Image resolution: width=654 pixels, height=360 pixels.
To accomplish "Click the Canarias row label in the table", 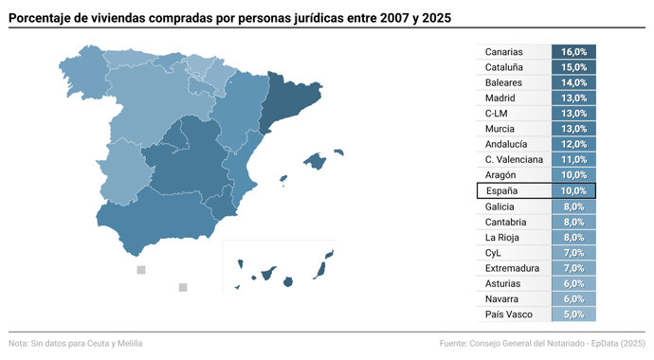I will click(502, 52).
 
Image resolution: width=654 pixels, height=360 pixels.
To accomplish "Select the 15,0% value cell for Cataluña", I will click(573, 67).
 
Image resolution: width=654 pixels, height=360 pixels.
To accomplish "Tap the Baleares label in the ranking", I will click(503, 82).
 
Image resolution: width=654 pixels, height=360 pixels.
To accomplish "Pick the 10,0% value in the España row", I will click(573, 190).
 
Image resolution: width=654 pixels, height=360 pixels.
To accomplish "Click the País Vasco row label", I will click(509, 314).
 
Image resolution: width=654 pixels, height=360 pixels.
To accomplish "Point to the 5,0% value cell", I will click(573, 314).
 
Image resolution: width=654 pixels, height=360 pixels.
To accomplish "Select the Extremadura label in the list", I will click(512, 268).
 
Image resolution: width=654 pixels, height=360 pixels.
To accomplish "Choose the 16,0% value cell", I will click(573, 52).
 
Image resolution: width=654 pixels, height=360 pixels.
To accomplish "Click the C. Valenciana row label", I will click(514, 159).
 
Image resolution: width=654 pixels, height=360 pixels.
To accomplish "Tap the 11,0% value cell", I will click(573, 159).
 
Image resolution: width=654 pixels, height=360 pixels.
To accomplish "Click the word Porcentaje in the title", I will click(46, 17).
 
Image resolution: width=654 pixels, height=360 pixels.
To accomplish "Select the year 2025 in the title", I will click(432, 17).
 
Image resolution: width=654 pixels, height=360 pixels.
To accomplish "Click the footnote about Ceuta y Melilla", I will click(76, 343).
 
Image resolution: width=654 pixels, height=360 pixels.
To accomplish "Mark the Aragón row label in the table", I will click(500, 175).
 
